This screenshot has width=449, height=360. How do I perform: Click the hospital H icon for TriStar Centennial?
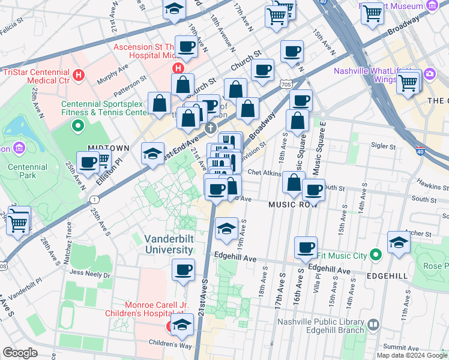(79, 76)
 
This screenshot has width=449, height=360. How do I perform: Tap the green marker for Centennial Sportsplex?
(77, 126)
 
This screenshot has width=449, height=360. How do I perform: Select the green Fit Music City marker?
(376, 256)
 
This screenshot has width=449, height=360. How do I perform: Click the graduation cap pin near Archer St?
(399, 242)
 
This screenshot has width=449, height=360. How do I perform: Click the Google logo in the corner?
(20, 353)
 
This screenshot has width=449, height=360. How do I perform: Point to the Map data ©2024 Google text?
(412, 355)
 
